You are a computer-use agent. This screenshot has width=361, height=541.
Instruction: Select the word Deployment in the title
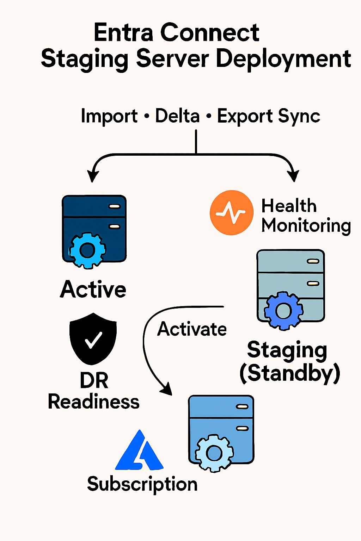coord(283,59)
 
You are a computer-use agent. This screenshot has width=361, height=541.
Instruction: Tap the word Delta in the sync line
coord(177,116)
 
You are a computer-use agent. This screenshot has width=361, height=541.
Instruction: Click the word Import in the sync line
coord(109,116)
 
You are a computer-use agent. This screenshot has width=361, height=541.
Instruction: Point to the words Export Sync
coord(268,116)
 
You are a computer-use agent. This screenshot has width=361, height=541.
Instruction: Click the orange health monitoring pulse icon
coord(231,213)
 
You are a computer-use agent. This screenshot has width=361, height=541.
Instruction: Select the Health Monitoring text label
coord(305,216)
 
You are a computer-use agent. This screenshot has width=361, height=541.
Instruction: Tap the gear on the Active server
coord(87,250)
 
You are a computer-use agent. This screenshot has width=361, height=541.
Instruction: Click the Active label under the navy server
coord(93,290)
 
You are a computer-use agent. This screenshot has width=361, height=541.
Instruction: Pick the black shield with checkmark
coord(93,338)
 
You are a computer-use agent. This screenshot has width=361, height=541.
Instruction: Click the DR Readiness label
coord(94,391)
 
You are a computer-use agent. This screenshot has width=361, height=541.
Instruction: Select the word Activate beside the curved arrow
coord(192,329)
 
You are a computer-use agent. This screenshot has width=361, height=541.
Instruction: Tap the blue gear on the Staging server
coord(283,311)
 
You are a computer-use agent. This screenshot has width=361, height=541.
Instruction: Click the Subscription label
coord(142,484)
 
